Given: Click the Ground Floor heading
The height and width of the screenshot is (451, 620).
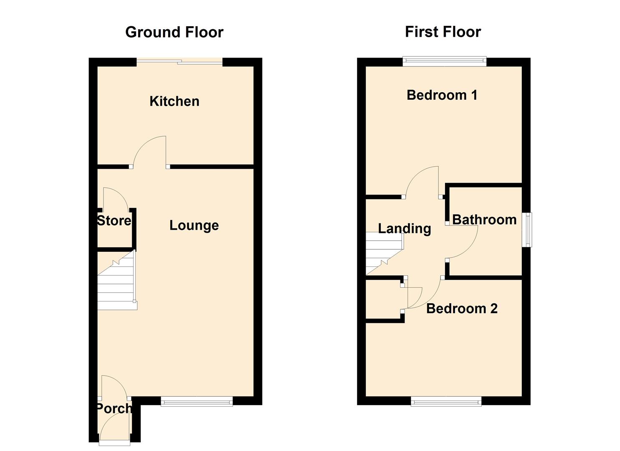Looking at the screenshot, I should [x=174, y=32].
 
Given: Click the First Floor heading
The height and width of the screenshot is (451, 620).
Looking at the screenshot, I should [x=443, y=32].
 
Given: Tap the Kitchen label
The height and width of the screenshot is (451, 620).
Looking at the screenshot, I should [x=174, y=101].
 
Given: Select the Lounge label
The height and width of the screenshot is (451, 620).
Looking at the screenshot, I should [x=194, y=225].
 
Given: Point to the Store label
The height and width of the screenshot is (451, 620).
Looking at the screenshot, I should [x=114, y=220].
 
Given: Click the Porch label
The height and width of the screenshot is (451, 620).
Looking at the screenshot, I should [x=114, y=408].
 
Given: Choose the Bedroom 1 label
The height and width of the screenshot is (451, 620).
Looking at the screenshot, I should [x=442, y=95].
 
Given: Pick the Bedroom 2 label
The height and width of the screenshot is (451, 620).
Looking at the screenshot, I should [x=461, y=309].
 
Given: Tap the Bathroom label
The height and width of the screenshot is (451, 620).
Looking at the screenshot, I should [x=484, y=220].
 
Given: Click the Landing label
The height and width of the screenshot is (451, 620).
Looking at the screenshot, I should [x=404, y=228].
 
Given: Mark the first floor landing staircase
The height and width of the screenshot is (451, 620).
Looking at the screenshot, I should [x=383, y=253].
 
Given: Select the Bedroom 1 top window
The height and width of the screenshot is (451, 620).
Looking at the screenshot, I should [x=445, y=62].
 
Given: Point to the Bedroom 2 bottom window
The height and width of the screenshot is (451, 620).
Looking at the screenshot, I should [x=446, y=402].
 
